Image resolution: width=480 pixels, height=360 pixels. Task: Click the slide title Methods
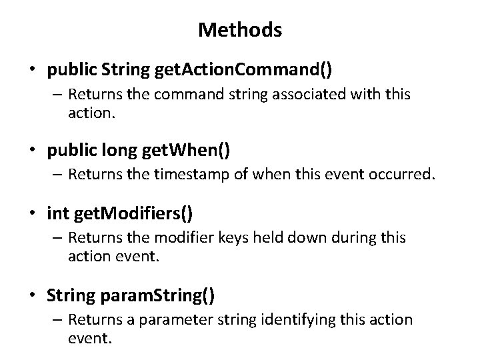point(240,30)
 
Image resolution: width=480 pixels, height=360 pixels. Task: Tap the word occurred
point(403,175)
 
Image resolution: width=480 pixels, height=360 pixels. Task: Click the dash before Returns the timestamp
point(57,176)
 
